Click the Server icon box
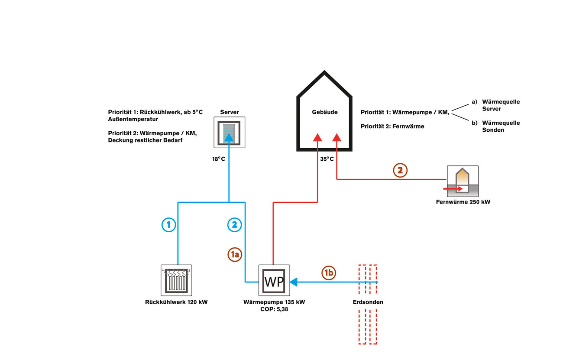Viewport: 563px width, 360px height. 229,132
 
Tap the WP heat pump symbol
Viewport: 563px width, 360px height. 274,280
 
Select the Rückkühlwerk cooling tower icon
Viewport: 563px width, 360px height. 176,280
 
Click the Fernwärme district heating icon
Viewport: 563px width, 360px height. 463,181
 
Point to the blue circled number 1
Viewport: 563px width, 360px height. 169,224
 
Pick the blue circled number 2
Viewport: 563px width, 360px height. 234,224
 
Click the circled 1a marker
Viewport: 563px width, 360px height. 235,255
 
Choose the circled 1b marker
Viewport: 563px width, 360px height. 329,273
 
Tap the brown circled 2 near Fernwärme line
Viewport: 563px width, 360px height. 400,170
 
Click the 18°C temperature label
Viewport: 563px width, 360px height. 218,159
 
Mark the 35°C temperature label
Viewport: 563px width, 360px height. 327,159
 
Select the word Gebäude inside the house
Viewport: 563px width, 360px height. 324,112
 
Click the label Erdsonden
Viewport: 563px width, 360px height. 368,302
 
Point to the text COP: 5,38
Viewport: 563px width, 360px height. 274,309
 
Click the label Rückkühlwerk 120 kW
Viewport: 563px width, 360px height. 176,302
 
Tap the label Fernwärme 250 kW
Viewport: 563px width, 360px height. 463,202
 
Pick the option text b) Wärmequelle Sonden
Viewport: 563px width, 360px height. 496,126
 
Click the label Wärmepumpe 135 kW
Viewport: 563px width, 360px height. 274,302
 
